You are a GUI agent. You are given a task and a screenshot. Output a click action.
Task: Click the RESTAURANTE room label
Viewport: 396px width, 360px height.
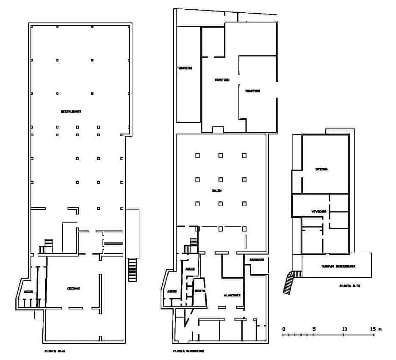[71, 112]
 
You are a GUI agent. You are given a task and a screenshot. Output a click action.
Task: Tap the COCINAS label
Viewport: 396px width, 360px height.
[74, 288]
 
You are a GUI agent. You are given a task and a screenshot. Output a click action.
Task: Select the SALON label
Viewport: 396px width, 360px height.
[217, 190]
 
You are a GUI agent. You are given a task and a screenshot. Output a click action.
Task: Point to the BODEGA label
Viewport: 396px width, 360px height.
[200, 291]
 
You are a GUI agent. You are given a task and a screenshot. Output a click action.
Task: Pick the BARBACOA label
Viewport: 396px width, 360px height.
[257, 260]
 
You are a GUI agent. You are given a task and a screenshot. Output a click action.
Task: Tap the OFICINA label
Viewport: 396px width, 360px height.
[321, 169]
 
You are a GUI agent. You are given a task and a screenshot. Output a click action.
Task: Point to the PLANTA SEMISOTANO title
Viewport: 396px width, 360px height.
[188, 351]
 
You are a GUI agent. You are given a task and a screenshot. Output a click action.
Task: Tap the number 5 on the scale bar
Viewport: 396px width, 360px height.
[314, 329]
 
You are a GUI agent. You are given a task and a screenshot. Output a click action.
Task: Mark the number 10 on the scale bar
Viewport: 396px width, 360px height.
[344, 329]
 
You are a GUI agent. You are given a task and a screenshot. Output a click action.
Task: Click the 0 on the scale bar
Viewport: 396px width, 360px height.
[283, 329]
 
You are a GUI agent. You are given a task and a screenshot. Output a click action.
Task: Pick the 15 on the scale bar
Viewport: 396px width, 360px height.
[373, 329]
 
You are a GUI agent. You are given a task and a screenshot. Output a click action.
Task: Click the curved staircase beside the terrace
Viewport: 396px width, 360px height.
[289, 282]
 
